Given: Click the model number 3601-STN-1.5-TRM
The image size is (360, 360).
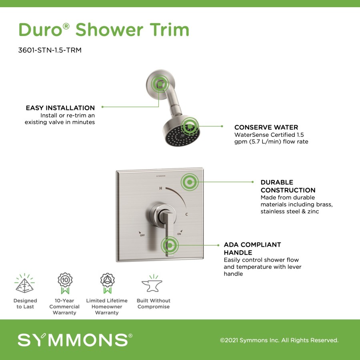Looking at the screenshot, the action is (50, 50).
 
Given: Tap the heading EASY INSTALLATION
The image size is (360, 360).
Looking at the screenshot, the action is (60, 108).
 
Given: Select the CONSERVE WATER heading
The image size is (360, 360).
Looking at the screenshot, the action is (266, 127).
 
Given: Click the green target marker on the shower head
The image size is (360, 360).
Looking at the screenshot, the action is (190, 126).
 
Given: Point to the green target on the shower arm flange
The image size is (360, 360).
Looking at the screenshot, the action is (160, 84).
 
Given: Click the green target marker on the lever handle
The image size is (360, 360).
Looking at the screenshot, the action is (170, 245).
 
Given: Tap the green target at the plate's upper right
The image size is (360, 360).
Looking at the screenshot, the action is (190, 182).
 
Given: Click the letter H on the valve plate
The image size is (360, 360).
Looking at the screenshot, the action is (161, 188).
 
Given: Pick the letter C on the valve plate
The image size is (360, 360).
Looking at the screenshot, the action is (186, 214).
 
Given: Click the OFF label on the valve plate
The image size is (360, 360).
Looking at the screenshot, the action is (142, 235).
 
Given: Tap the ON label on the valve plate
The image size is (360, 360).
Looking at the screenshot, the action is (179, 234).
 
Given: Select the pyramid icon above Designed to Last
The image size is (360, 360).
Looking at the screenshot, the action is (24, 283).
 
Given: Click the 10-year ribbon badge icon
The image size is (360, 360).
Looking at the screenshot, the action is (65, 283).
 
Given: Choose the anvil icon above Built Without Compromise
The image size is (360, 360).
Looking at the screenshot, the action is (152, 284).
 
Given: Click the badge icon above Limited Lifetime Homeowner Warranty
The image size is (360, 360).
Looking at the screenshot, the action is (107, 283).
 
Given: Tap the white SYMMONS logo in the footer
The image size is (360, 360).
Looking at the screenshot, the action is (75, 340).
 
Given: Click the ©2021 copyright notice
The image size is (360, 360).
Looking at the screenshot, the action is (279, 340).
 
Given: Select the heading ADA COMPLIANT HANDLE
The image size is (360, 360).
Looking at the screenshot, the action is (252, 248).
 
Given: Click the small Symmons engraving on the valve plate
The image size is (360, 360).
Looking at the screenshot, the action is (161, 176).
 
